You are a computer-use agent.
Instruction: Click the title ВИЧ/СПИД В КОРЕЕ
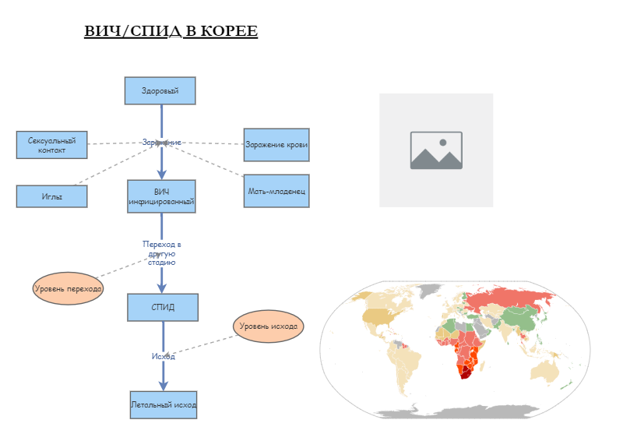point(171,31)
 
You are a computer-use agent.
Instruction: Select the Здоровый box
point(160,90)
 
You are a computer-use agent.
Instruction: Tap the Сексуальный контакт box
point(51,145)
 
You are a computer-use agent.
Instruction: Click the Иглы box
point(51,196)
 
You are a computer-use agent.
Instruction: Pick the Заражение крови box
point(276,144)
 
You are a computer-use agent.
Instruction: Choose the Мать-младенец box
point(276,191)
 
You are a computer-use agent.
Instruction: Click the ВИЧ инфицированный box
point(161,196)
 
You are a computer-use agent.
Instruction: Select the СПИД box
point(163,307)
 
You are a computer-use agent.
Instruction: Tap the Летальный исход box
point(163,405)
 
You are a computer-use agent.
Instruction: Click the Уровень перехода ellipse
point(69,288)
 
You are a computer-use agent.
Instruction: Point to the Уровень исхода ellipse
point(268,326)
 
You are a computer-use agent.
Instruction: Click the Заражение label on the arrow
point(162,143)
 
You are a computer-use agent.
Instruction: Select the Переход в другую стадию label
point(162,253)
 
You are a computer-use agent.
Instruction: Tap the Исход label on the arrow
point(163,356)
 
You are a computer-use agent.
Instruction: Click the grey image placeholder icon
point(436,150)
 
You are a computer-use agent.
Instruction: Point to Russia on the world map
point(514,300)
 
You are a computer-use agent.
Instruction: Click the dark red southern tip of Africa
point(465,373)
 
